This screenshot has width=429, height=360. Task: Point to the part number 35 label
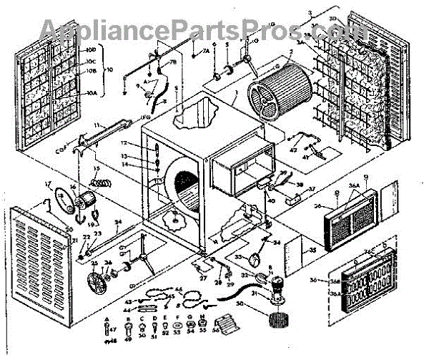pos(311,252)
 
